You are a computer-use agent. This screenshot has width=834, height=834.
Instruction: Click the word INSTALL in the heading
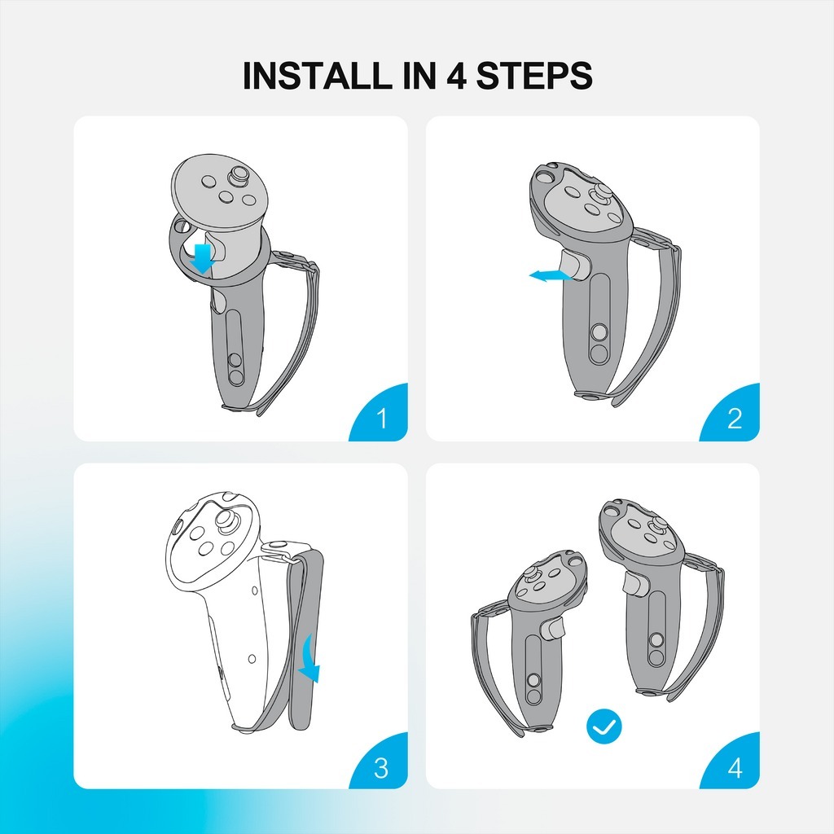(317, 76)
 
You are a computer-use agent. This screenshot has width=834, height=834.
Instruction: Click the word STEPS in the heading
(533, 76)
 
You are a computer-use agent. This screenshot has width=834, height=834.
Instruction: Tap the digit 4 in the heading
(456, 76)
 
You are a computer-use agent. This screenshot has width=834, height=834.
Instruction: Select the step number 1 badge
(379, 412)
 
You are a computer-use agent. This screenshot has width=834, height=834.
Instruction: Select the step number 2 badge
(731, 412)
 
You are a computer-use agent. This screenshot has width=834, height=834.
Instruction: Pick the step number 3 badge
(379, 761)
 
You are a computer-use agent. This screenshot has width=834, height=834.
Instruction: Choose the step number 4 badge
(731, 761)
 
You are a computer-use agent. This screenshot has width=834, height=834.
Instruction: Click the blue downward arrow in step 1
(203, 259)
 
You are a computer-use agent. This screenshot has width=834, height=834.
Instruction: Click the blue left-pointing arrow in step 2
(550, 275)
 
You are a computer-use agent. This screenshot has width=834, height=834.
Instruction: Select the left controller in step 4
(529, 643)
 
